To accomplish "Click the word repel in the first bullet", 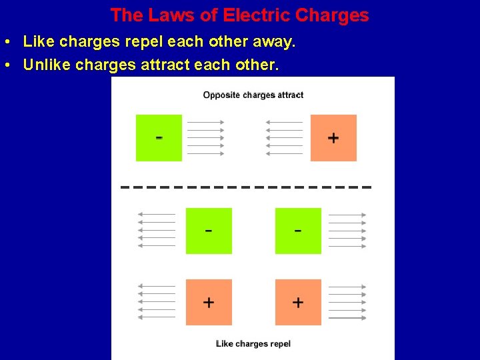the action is [x=143, y=42].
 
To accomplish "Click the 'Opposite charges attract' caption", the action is [x=253, y=95].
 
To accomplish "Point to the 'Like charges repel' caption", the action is [x=253, y=344].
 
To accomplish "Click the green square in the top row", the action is [x=159, y=138].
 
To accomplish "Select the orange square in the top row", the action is [x=333, y=138].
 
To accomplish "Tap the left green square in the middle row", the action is [x=209, y=231].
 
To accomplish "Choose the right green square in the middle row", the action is [x=298, y=231].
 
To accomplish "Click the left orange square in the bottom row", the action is [x=209, y=302].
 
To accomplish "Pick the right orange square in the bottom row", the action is [x=298, y=302].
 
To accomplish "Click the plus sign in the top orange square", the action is [x=333, y=138].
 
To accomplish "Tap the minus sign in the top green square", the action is [x=159, y=138].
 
